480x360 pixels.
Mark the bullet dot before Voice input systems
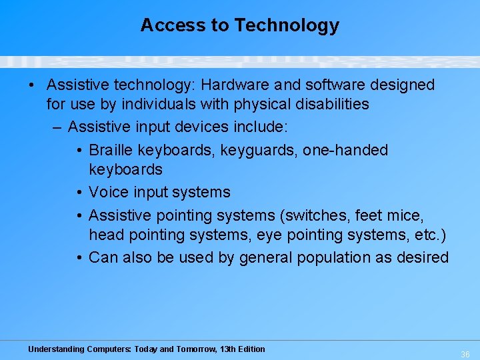point(79,192)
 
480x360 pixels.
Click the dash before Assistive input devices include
point(57,127)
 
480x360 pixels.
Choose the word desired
point(424,257)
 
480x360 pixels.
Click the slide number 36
point(465,354)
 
